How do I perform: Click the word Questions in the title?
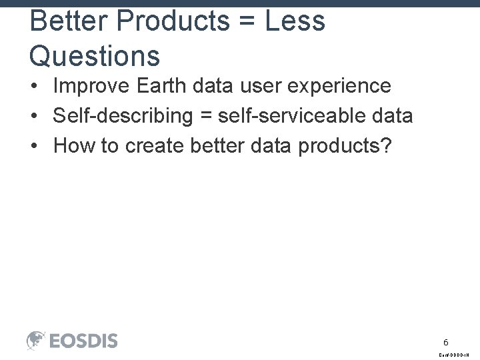point(95,55)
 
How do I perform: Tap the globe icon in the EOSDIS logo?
point(36,341)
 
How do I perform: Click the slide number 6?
point(446,341)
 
